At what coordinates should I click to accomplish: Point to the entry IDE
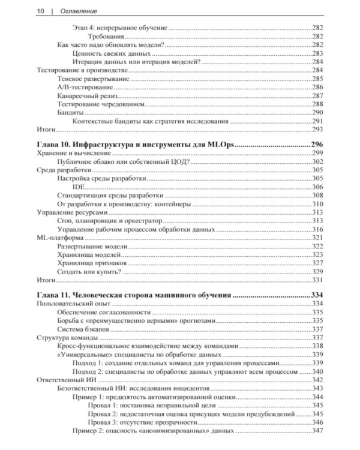coord(78,187)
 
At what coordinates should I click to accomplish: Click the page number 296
coord(316,145)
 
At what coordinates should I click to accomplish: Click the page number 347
coord(317,430)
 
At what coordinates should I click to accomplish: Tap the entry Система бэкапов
coord(83,329)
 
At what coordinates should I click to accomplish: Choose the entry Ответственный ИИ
coord(67,380)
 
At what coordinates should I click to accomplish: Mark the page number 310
coord(317,203)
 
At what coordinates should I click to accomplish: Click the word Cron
coord(65,220)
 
